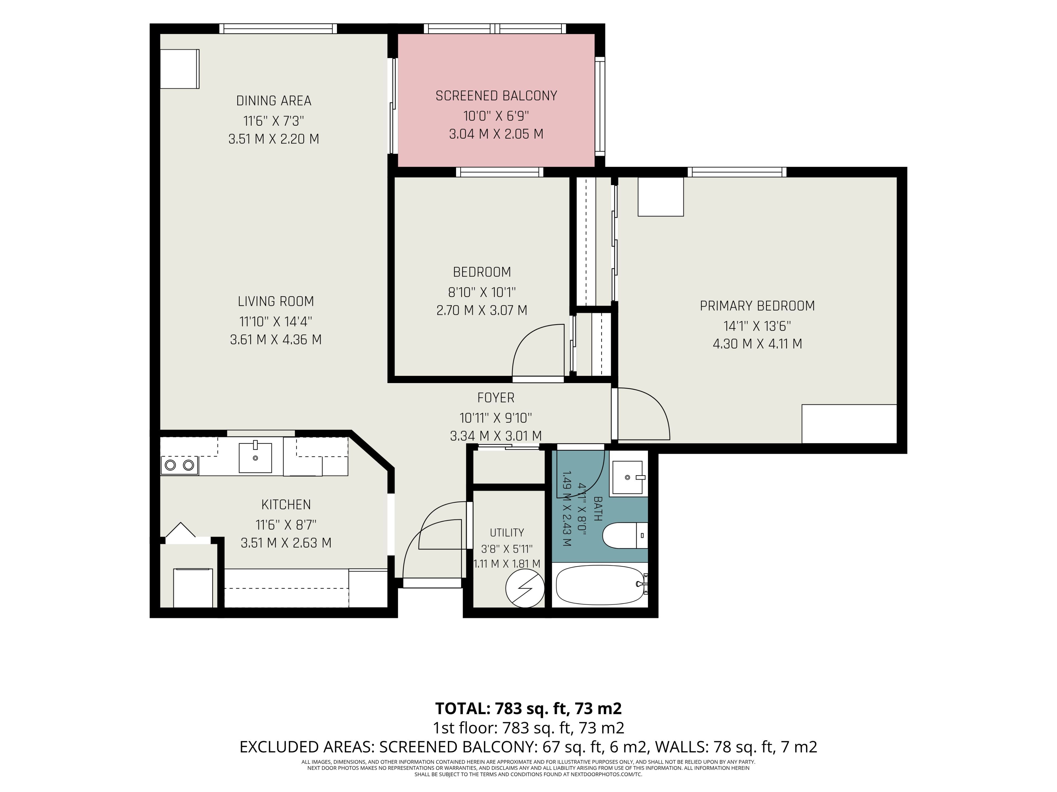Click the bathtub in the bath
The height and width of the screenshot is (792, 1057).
601,585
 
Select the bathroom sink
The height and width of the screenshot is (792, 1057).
628,478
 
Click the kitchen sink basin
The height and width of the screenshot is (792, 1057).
255,457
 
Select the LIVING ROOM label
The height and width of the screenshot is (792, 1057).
276,302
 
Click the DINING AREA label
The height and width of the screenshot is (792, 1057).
274,101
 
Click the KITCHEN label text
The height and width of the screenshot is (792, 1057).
286,505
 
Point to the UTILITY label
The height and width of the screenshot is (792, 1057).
507,532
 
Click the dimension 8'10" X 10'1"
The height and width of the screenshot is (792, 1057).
482,292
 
